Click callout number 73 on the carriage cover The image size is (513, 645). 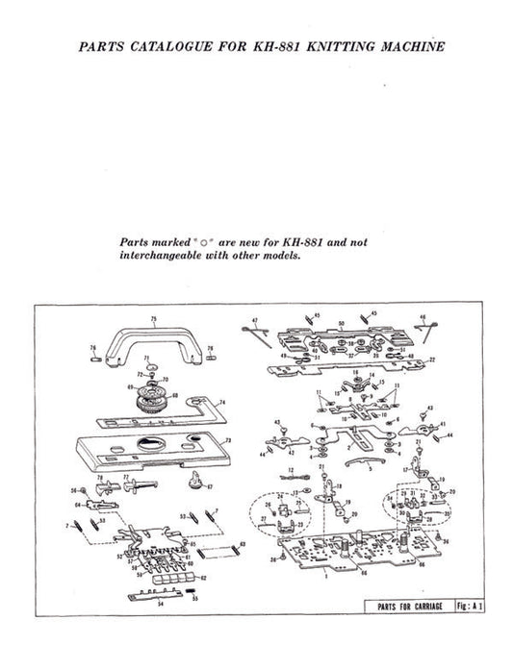[x=227, y=441]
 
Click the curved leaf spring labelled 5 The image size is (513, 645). [x=358, y=466]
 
